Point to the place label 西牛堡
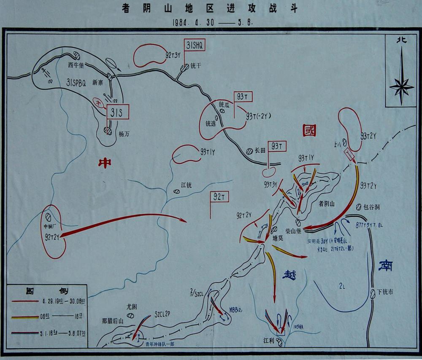coord(77,65)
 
